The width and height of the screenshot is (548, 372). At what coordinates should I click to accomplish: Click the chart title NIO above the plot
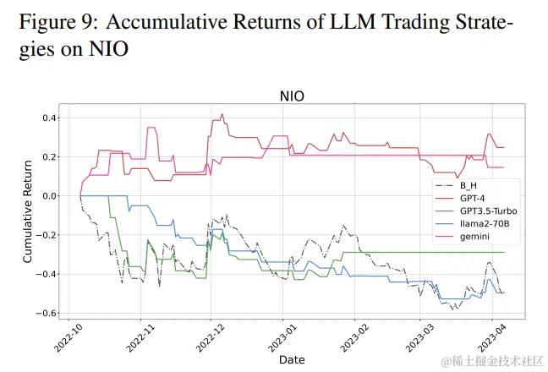click(292, 96)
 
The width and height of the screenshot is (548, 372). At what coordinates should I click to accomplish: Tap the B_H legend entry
click(468, 185)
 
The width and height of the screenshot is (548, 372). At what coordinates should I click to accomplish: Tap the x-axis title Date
click(292, 360)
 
